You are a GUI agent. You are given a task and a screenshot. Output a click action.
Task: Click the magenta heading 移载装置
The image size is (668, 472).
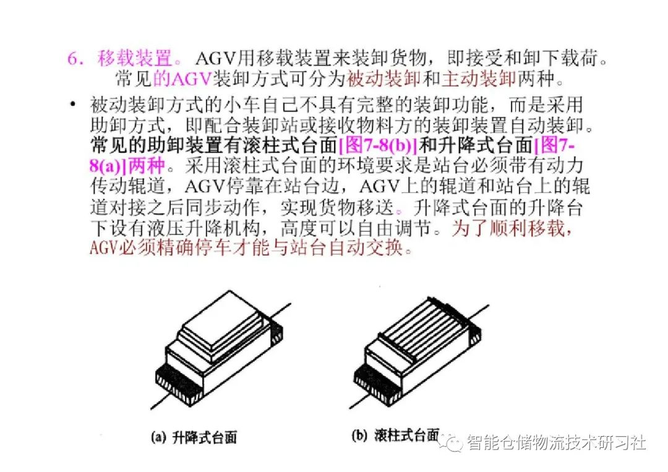pos(135,59)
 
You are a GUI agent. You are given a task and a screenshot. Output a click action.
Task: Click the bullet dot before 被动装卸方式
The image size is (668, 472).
pos(74,105)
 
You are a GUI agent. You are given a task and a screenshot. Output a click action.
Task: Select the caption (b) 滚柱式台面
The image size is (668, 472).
pos(395,436)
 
